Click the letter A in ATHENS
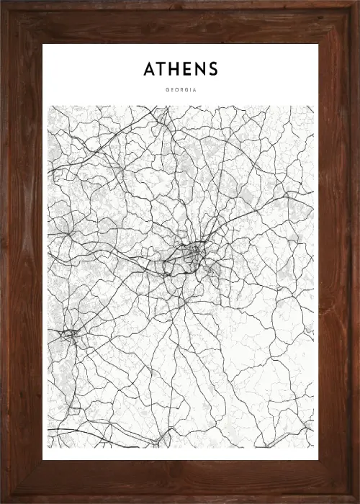150,69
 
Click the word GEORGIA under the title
180,90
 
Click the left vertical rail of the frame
20,252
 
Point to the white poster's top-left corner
43,45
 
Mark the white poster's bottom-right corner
318,459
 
